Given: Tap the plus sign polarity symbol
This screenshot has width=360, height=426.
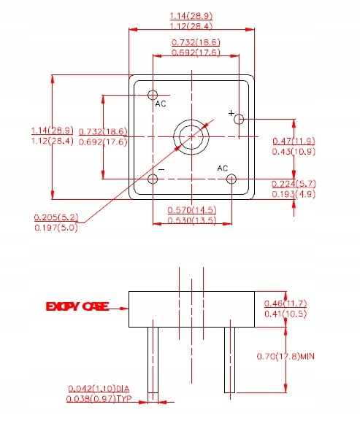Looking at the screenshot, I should click(x=231, y=113).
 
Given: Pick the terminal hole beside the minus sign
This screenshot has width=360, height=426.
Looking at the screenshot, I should click(x=153, y=179).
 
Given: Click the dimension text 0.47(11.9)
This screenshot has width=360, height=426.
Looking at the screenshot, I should click(x=294, y=141).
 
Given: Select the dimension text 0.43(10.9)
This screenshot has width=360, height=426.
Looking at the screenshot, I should click(x=294, y=151).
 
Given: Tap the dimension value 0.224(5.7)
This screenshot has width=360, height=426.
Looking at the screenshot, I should click(x=294, y=183).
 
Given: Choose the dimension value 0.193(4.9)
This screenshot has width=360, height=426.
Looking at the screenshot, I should click(x=294, y=194).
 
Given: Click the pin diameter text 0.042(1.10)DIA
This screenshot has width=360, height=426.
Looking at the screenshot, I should click(x=103, y=388).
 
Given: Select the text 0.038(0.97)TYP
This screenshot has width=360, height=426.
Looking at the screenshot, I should click(x=103, y=399).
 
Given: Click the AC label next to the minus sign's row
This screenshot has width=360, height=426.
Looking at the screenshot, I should click(x=223, y=168).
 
